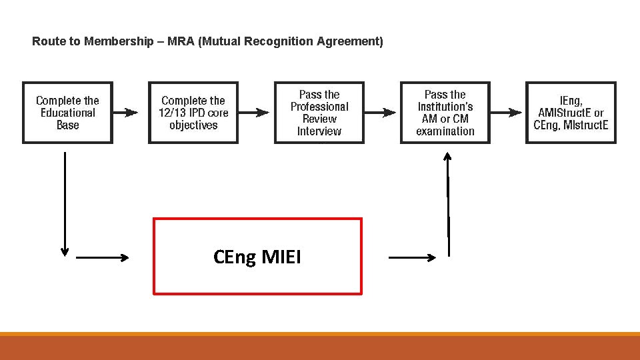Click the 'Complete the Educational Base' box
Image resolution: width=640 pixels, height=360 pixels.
pyautogui.click(x=67, y=113)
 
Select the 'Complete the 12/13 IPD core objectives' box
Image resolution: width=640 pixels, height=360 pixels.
pyautogui.click(x=193, y=113)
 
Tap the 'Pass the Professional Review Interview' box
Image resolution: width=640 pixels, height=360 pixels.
pyautogui.click(x=319, y=113)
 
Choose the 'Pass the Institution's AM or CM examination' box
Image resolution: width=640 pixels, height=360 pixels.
pyautogui.click(x=445, y=113)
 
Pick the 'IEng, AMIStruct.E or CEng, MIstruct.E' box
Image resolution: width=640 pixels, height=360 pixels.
pyautogui.click(x=571, y=113)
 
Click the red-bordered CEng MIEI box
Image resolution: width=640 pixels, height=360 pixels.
pyautogui.click(x=258, y=256)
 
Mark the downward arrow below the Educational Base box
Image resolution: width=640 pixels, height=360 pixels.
pyautogui.click(x=65, y=203)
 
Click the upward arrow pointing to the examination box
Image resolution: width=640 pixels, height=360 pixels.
pyautogui.click(x=448, y=203)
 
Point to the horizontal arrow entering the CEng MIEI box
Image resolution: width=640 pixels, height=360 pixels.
pyautogui.click(x=103, y=257)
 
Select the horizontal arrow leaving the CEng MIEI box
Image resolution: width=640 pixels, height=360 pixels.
pyautogui.click(x=412, y=257)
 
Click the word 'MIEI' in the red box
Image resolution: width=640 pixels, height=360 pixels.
pyautogui.click(x=282, y=257)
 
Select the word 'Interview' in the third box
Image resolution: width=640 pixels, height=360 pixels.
pyautogui.click(x=319, y=131)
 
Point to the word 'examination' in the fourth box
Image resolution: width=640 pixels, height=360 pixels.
pyautogui.click(x=445, y=131)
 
